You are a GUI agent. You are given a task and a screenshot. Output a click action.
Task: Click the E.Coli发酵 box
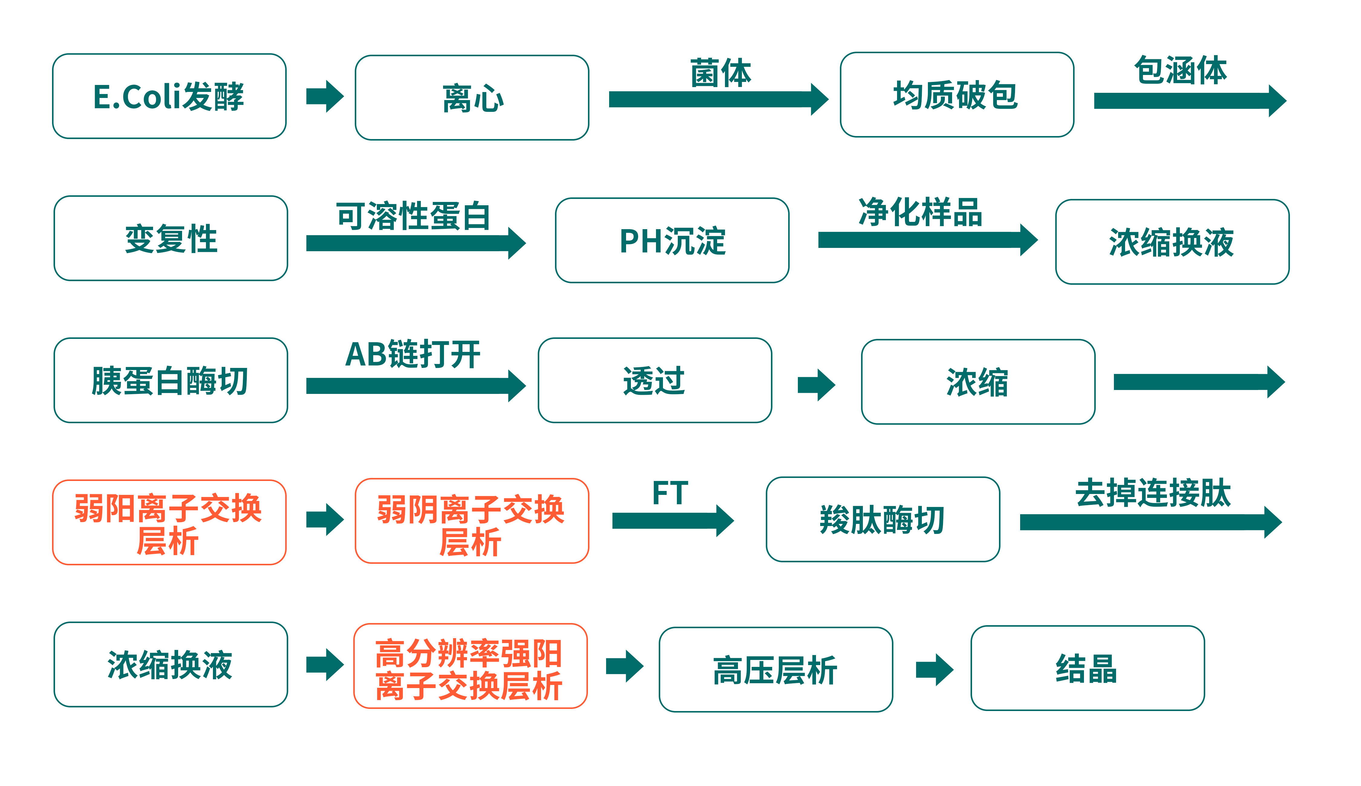pos(169,96)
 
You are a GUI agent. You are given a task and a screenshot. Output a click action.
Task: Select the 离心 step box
pos(472,98)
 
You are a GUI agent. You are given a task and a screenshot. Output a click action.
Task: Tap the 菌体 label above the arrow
pos(720,73)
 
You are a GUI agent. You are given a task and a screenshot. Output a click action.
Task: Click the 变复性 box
pos(171,239)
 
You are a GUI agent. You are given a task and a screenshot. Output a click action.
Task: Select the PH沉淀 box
pos(672,241)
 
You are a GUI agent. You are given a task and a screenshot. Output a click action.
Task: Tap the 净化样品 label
pos(920,212)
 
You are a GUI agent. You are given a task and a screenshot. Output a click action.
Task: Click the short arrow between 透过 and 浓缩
pos(816,385)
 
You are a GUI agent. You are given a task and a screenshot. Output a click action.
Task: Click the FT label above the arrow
pos(670,493)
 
